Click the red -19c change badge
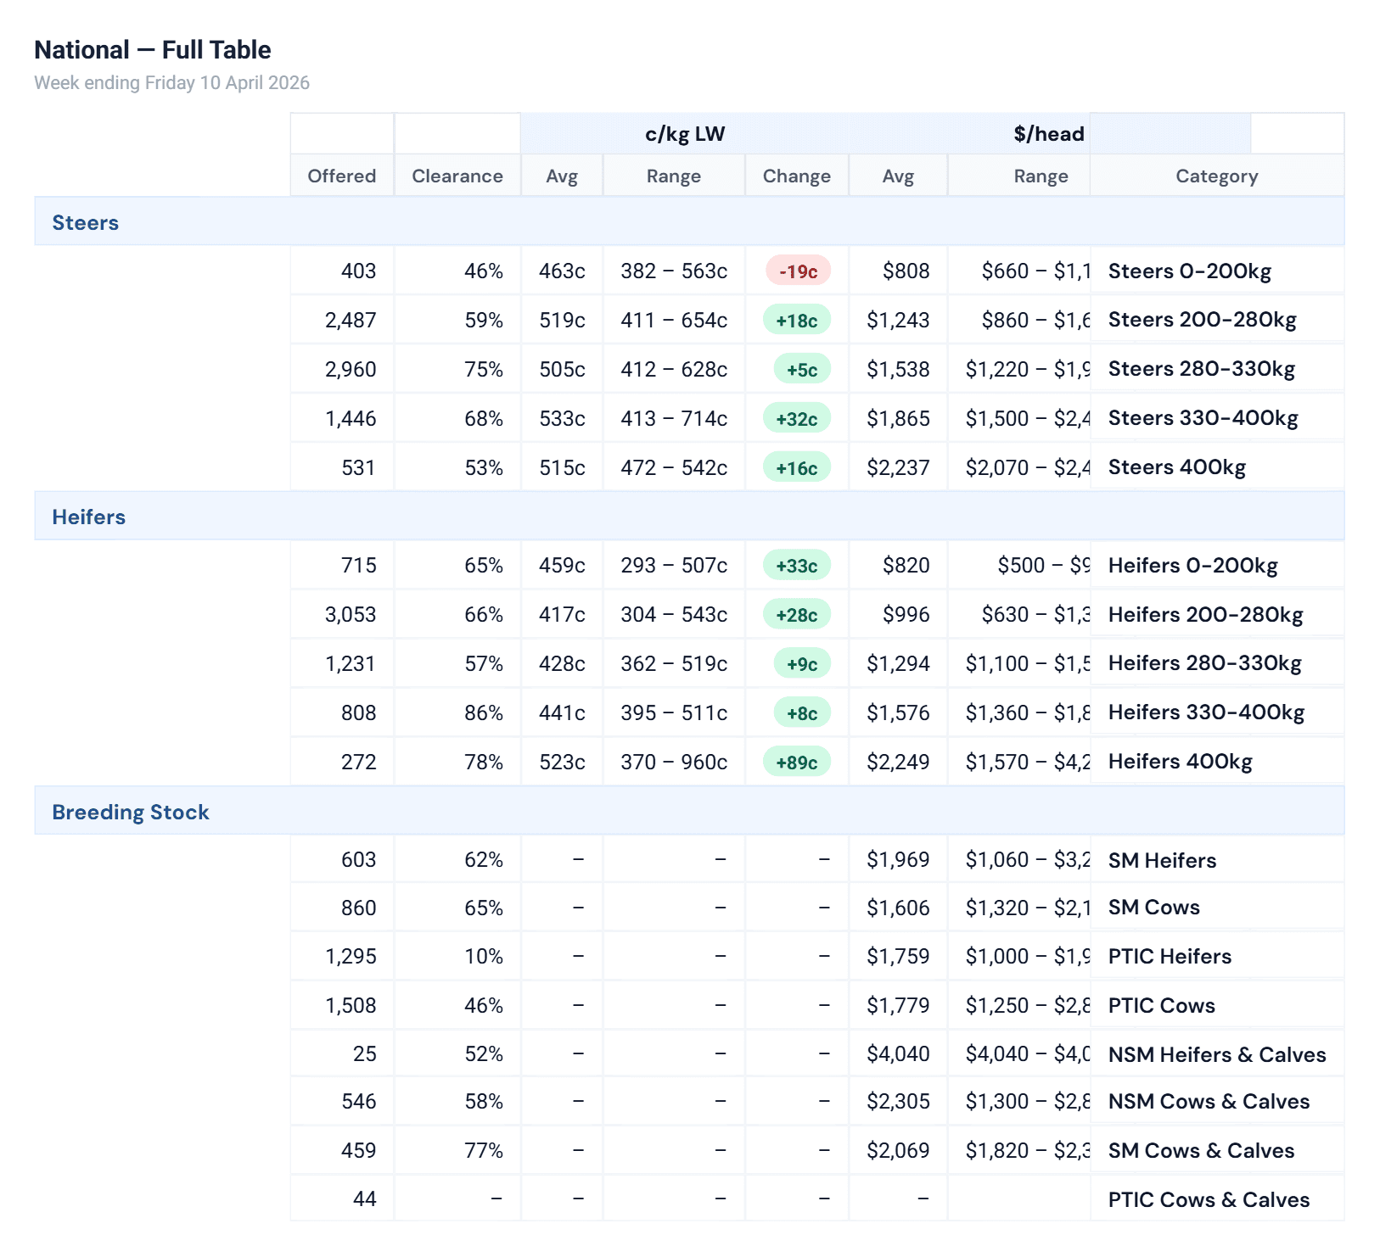click(798, 271)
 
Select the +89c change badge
click(796, 763)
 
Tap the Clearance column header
click(457, 176)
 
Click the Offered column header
click(341, 176)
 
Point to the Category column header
click(1216, 176)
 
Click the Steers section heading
click(85, 223)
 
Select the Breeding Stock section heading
click(130, 813)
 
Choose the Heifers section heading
click(88, 517)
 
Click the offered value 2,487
click(350, 321)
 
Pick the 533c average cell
click(562, 419)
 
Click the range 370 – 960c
click(673, 763)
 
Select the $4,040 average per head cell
click(897, 1054)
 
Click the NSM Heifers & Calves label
click(1216, 1055)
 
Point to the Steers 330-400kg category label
click(1203, 418)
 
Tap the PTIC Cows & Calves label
click(1208, 1200)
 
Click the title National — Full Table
click(153, 50)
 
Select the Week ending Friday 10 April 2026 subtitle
click(171, 83)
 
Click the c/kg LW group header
click(684, 134)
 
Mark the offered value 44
click(364, 1199)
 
